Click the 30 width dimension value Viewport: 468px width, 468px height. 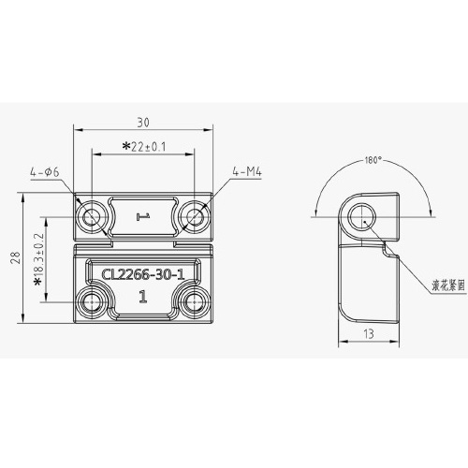143,123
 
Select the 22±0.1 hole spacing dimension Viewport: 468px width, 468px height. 149,147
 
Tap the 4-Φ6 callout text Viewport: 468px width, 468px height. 45,172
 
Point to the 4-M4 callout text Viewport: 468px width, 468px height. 247,171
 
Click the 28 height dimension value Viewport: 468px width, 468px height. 16,257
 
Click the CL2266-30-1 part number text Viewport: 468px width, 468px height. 143,274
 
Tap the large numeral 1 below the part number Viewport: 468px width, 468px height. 143,297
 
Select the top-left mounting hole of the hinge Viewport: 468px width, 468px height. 92,216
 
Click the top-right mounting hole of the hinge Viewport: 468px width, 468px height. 195,216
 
